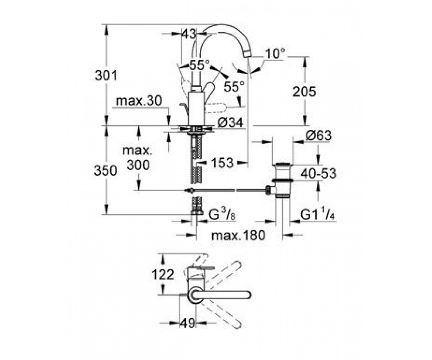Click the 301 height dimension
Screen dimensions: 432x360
click(106, 76)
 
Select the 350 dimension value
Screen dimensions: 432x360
click(105, 171)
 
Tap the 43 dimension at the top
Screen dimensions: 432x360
click(189, 34)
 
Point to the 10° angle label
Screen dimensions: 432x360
click(275, 53)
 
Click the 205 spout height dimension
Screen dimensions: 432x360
click(304, 91)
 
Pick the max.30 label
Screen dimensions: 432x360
click(139, 101)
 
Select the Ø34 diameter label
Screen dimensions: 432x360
click(230, 123)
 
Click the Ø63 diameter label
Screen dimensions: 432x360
click(318, 136)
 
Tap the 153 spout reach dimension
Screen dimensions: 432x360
click(222, 162)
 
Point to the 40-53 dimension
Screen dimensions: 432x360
click(318, 174)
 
